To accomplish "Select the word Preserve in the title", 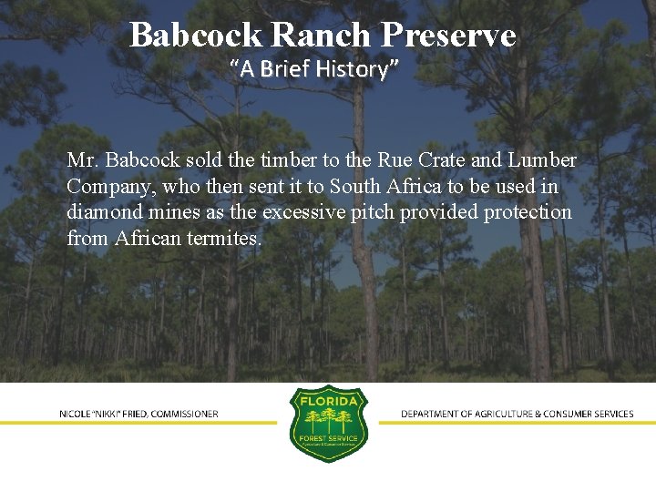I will click(x=448, y=36).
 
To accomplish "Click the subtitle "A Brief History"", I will click(x=314, y=68).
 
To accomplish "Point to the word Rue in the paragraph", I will click(x=392, y=160).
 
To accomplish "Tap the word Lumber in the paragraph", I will click(x=542, y=160).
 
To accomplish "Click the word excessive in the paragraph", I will click(x=307, y=213).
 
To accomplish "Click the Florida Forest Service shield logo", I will click(x=328, y=423).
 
